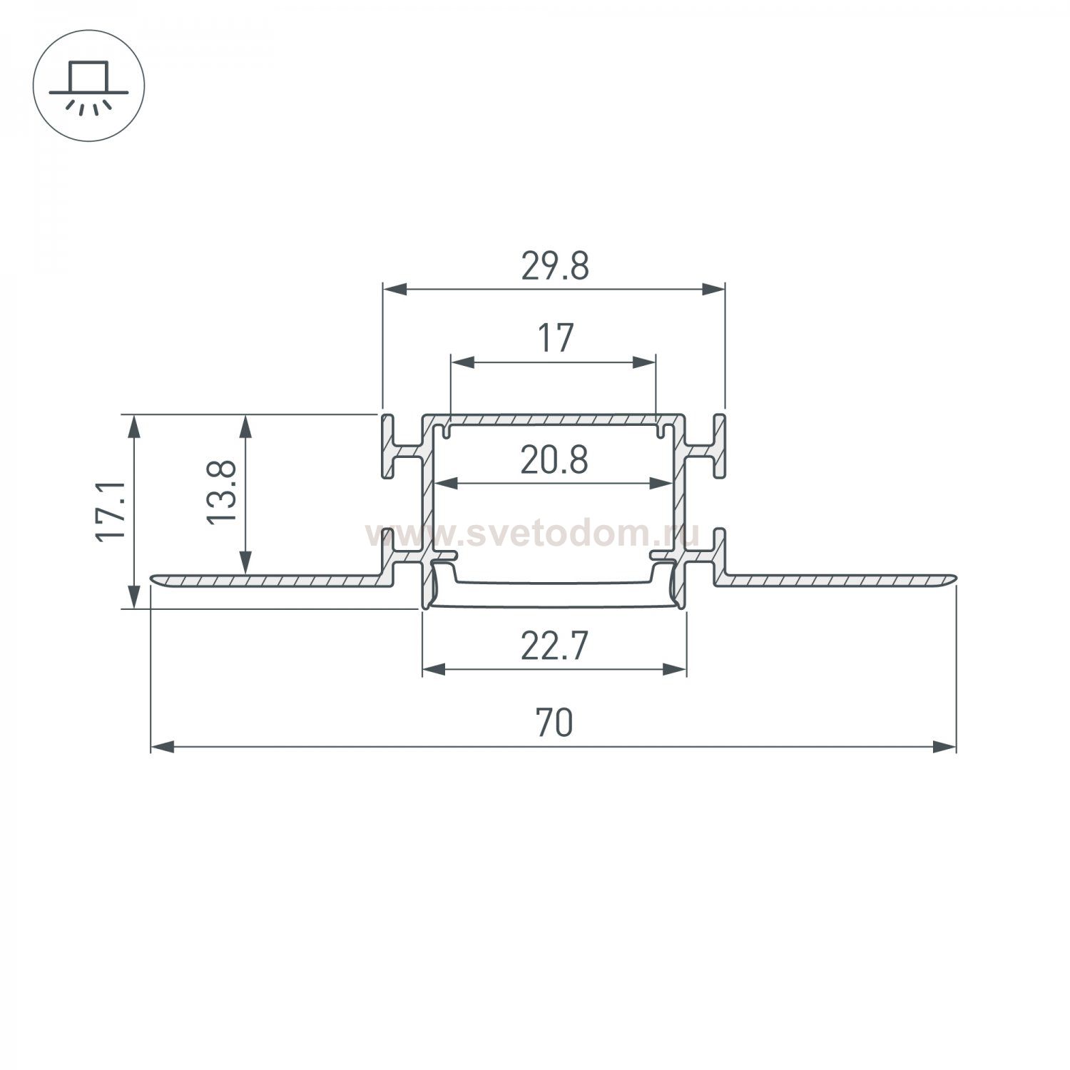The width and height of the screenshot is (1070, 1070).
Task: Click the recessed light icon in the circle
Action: [88, 86]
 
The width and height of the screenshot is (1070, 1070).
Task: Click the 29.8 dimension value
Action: [554, 267]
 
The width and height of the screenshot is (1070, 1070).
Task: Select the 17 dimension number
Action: [554, 338]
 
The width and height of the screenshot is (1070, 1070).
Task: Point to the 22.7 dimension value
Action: [554, 647]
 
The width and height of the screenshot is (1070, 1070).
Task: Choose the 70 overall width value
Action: [554, 723]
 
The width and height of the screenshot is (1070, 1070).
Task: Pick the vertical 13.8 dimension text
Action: [222, 492]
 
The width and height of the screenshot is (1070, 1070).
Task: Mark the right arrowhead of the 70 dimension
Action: [944, 747]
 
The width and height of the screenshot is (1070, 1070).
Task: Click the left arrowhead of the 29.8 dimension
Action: [394, 289]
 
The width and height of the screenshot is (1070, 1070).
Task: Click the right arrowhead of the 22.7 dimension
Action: [675, 669]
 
